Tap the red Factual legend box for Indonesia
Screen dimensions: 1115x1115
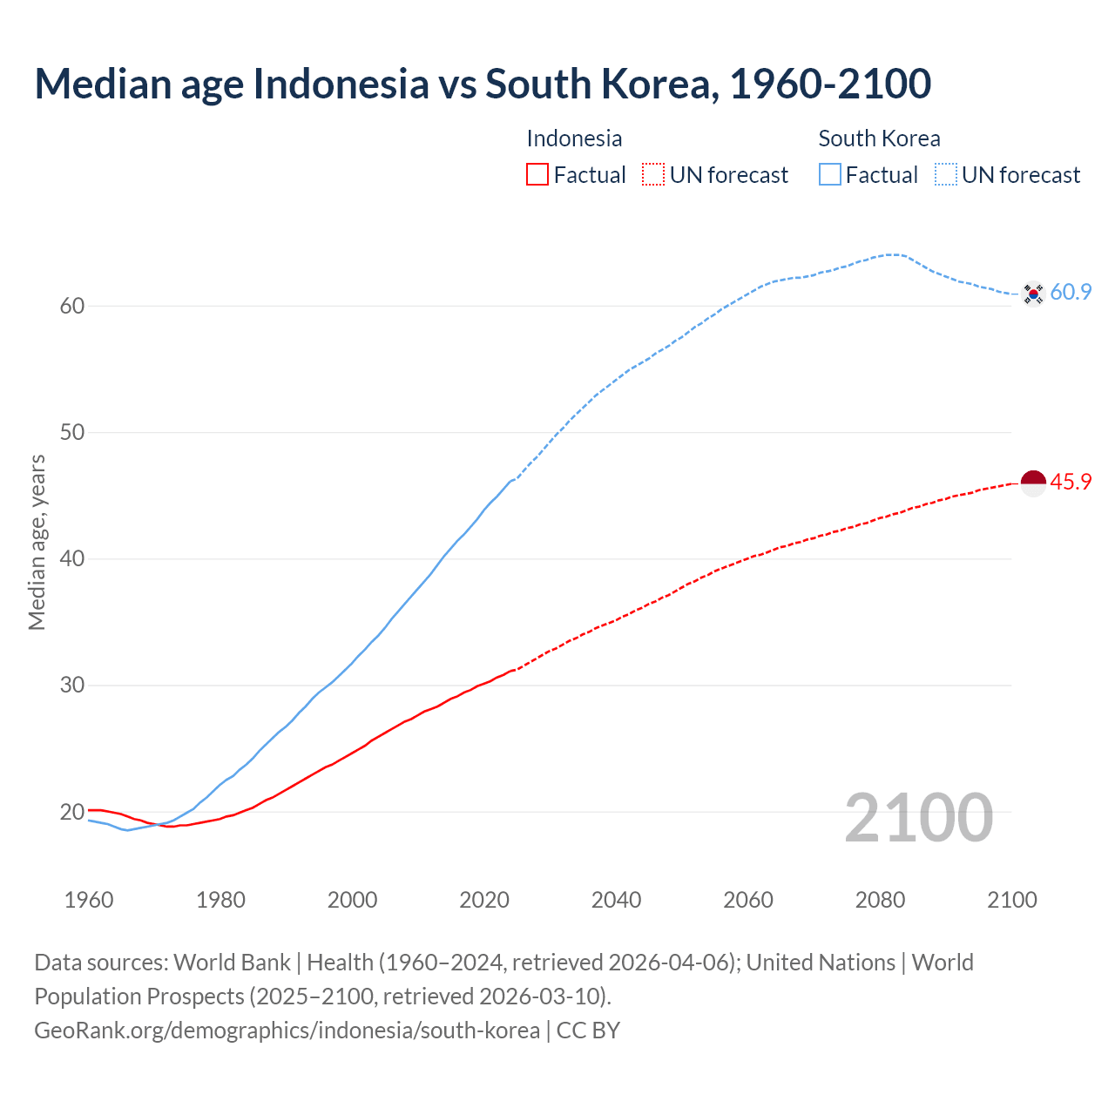pos(537,175)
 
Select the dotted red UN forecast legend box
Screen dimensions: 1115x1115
pos(653,175)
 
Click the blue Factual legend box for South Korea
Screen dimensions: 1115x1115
pos(830,175)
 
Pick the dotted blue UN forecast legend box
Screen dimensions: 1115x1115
pos(946,175)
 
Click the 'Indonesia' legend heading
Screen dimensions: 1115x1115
pos(574,139)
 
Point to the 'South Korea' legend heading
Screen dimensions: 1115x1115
pos(879,139)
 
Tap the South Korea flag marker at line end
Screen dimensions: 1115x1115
pos(1033,294)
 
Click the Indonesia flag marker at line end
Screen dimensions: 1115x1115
pos(1033,483)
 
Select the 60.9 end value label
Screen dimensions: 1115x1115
pos(1071,293)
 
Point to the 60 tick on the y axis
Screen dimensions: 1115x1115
pos(72,306)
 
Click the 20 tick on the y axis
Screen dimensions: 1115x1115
pos(72,812)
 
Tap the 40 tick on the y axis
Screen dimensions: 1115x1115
pos(72,558)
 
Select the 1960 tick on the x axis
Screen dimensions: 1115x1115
pos(89,900)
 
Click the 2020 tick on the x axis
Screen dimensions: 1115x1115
pos(484,900)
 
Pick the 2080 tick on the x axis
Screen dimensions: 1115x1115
pos(880,900)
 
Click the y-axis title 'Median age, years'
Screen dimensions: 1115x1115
pos(37,542)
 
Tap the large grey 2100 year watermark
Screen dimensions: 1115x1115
pos(918,817)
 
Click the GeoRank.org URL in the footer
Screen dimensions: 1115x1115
pos(287,1031)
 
